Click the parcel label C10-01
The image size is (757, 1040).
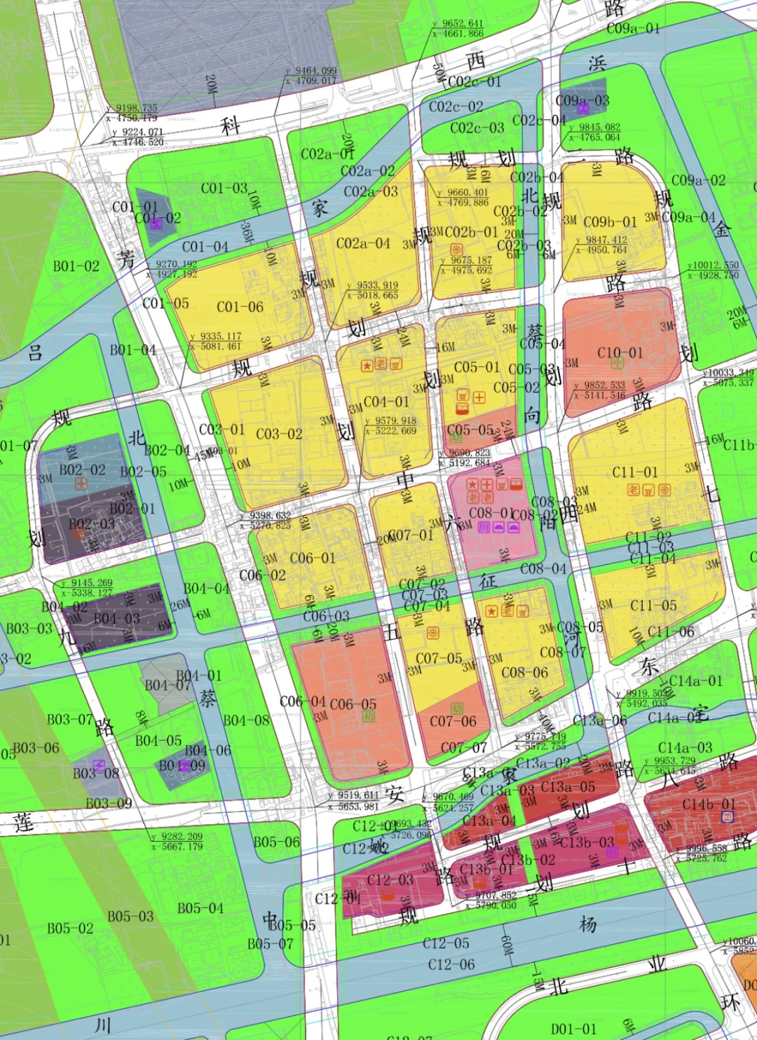620,352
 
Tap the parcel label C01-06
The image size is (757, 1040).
240,307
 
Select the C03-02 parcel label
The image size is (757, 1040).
279,434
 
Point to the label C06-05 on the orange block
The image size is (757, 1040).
353,704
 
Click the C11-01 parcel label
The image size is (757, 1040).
635,472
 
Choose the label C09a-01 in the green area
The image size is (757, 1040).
633,28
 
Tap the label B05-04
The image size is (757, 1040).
200,908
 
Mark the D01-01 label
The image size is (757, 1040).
573,1029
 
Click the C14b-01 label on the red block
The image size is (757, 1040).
709,804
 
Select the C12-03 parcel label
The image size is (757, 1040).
390,880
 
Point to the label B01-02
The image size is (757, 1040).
76,266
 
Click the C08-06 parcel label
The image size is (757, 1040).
525,672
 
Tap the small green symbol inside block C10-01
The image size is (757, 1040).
618,363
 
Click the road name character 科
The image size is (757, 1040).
231,126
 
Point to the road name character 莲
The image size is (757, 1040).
23,821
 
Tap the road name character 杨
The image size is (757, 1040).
588,924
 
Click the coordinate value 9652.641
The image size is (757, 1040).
462,24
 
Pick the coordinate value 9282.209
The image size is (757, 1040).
181,836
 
